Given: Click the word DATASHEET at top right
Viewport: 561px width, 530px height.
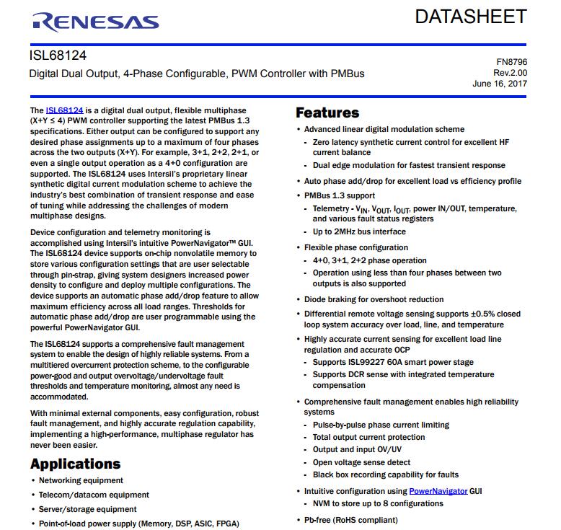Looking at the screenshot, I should (x=470, y=17).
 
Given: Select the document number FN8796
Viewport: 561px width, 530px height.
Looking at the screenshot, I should (x=511, y=63).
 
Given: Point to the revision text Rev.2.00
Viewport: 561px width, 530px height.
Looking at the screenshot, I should (x=510, y=73).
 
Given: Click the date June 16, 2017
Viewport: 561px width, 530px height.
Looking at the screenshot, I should (x=500, y=84).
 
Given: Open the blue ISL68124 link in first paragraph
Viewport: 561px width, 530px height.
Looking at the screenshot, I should (x=64, y=110).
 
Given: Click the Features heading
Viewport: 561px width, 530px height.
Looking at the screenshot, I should (x=327, y=112).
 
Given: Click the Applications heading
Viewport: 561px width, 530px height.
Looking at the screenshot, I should (x=75, y=464).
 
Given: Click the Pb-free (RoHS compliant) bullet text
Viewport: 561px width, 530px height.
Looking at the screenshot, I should (x=350, y=520).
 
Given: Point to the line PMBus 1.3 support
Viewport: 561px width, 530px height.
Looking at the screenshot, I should (x=339, y=195).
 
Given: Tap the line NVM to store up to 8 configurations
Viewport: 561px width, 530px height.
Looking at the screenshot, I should (x=378, y=503).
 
